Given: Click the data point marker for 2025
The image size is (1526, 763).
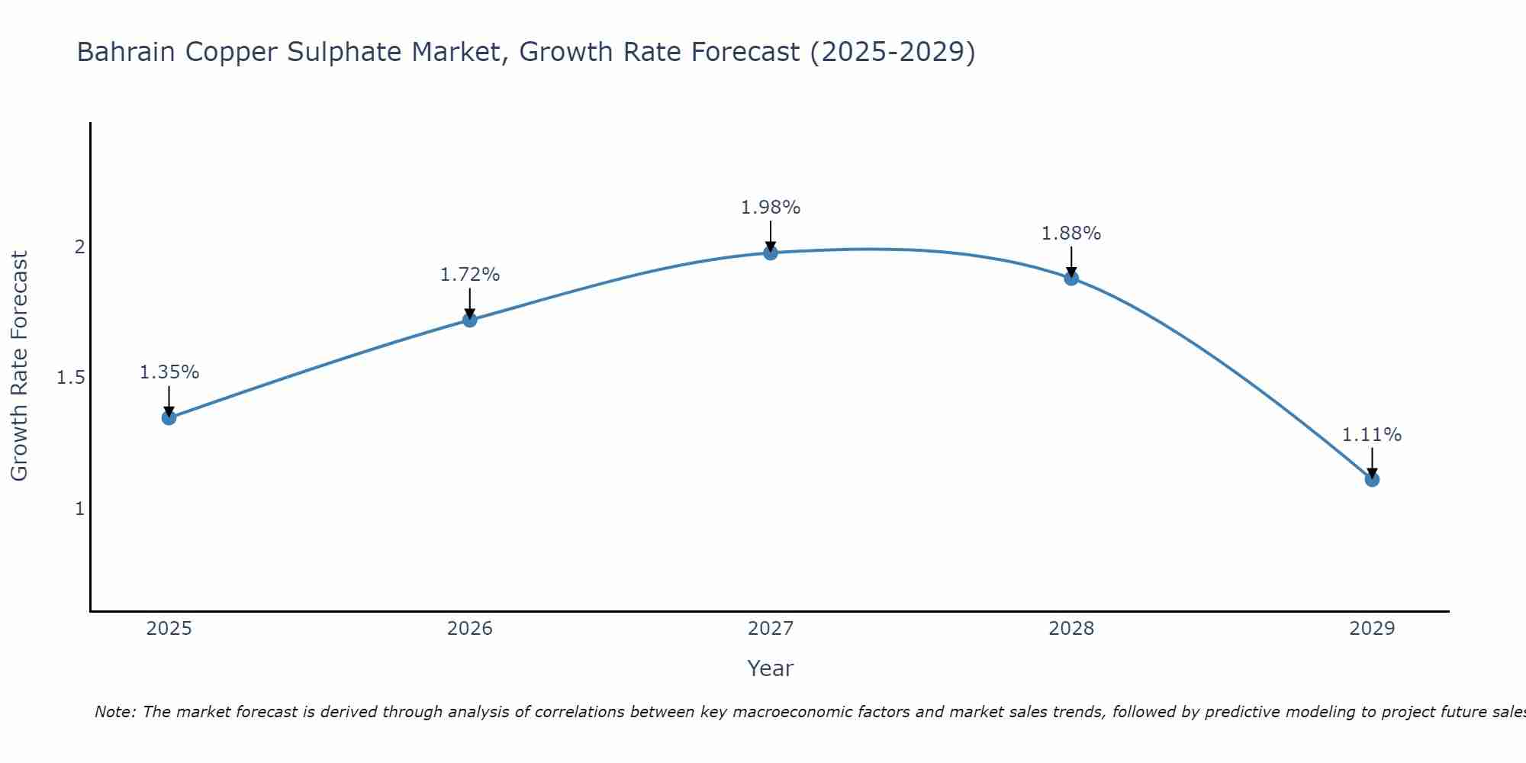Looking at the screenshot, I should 169,417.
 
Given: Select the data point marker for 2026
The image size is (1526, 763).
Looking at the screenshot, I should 470,320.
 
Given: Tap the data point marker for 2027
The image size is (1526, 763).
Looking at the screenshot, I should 771,253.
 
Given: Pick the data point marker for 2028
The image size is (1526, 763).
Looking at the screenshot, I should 1071,278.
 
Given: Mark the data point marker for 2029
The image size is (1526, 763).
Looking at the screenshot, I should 1372,479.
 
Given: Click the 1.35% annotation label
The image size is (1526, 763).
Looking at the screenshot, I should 169,372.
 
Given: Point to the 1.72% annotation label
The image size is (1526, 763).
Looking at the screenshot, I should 470,275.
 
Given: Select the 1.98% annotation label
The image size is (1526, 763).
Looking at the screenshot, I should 771,208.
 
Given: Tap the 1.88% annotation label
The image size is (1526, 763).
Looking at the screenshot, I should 1071,233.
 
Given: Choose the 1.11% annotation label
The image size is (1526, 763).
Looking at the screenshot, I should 1372,435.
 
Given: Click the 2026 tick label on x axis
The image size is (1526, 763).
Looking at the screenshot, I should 470,629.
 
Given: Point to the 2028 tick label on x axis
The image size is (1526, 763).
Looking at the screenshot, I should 1071,629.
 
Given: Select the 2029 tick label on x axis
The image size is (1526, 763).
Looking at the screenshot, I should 1372,629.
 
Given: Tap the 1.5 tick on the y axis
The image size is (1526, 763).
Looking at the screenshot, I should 71,378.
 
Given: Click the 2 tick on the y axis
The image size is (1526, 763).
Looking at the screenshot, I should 79,247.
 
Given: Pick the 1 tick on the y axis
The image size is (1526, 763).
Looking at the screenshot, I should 79,508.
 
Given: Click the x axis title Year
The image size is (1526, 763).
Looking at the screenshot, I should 771,668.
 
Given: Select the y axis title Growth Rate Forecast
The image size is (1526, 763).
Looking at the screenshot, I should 19,366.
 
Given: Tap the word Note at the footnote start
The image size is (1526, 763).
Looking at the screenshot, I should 114,712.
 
